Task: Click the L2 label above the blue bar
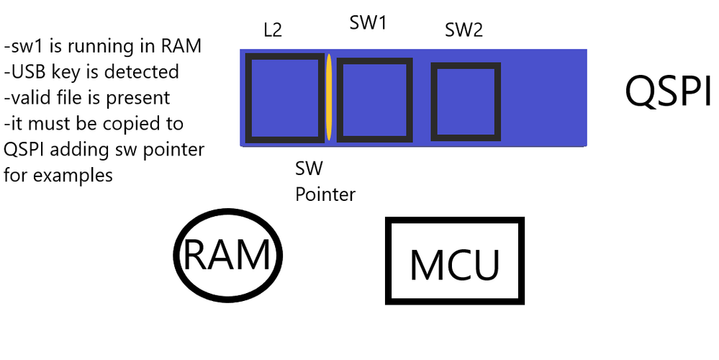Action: [x=273, y=30]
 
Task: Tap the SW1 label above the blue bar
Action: [x=368, y=22]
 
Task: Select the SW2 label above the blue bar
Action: [x=464, y=30]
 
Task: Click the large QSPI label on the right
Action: [x=668, y=91]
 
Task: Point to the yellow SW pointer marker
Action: [x=329, y=97]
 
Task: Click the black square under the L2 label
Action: [x=247, y=98]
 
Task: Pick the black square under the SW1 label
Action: [x=339, y=100]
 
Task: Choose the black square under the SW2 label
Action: [x=433, y=102]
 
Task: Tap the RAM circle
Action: [x=176, y=255]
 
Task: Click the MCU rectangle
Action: [x=388, y=261]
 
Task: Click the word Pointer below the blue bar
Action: [x=325, y=194]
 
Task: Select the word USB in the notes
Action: [x=28, y=72]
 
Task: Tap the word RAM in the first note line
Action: [x=181, y=46]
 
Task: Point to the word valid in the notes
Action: [x=30, y=98]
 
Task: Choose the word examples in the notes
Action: [x=73, y=176]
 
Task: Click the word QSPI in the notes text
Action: [x=24, y=150]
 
